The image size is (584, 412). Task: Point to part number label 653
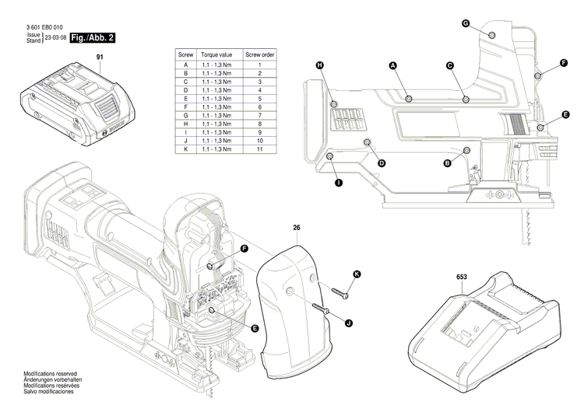pos(462,276)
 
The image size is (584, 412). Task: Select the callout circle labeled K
pos(357,274)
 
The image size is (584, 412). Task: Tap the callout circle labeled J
pos(349,323)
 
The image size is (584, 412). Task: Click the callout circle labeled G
pos(465,24)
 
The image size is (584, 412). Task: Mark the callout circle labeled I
pos(338,183)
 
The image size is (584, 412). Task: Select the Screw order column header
pos(259,56)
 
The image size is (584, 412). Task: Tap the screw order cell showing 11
pos(259,148)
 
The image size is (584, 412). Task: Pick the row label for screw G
pos(185,115)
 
